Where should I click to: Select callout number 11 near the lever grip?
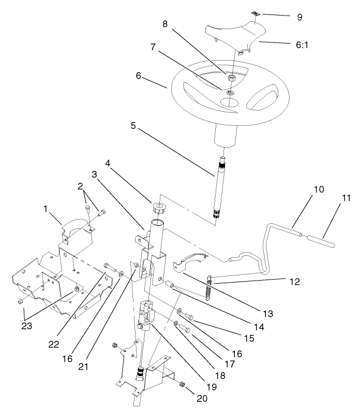coord(332,197)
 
